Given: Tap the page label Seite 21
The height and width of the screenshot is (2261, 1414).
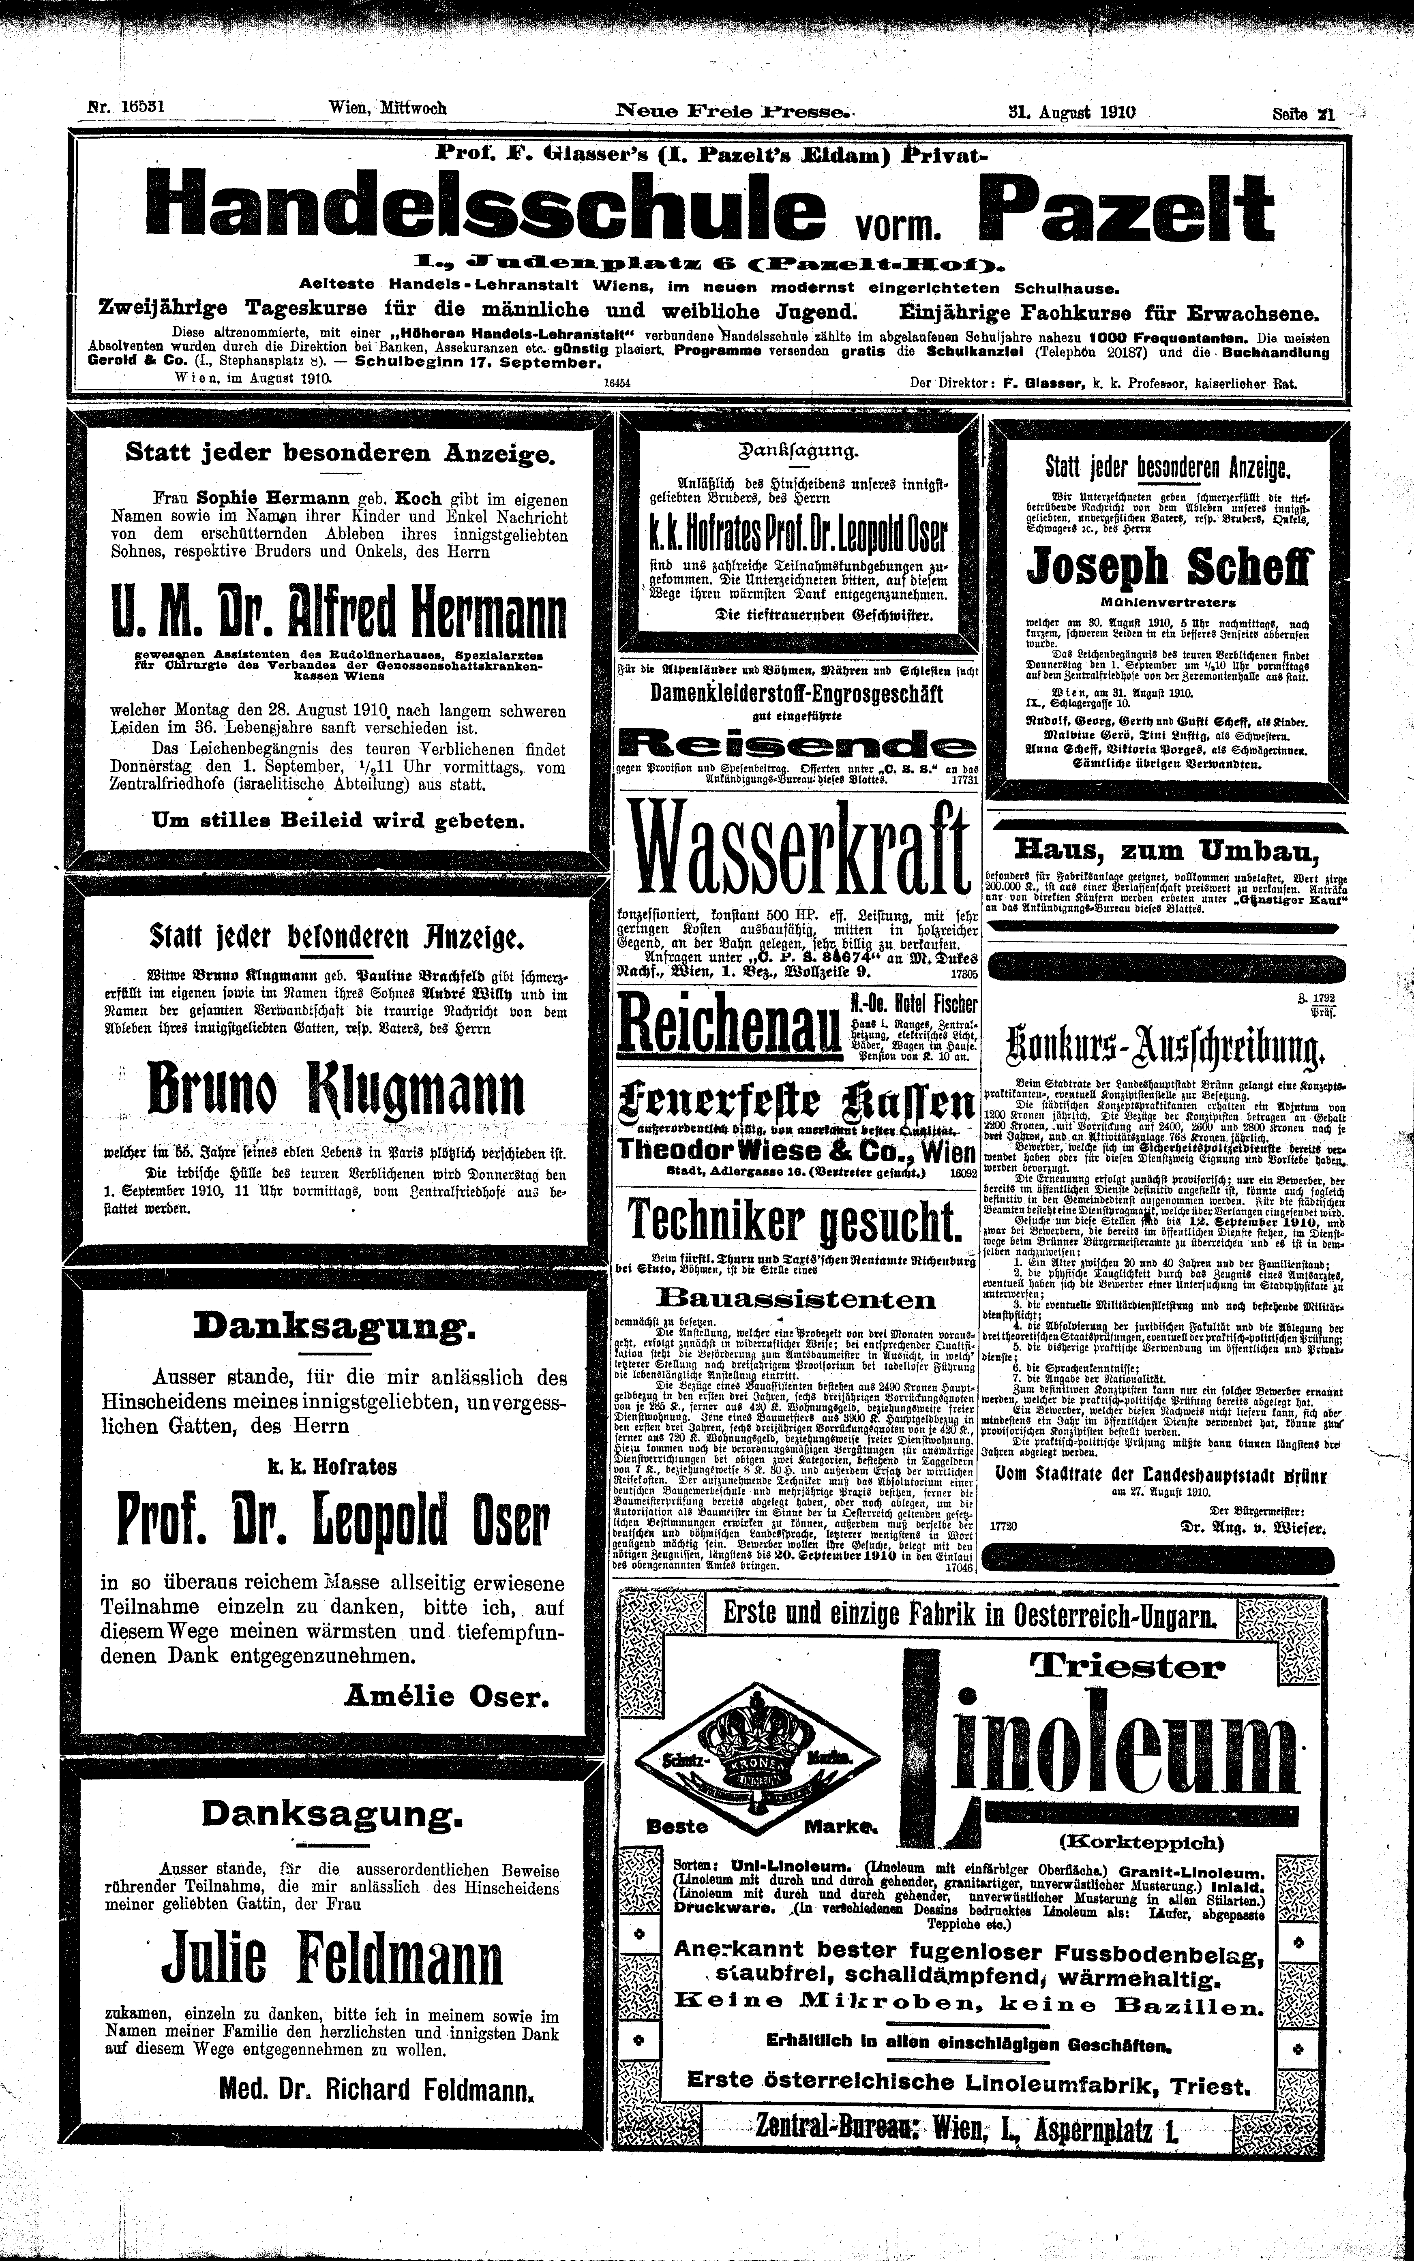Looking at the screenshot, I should click(1303, 112).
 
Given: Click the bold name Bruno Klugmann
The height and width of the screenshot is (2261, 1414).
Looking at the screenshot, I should click(336, 1089).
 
